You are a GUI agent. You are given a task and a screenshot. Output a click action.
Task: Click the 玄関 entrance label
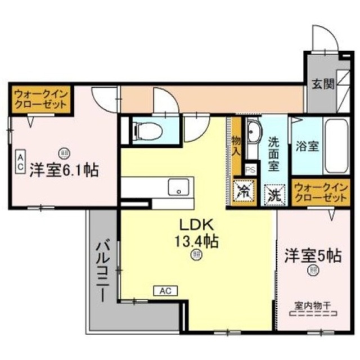point(323,85)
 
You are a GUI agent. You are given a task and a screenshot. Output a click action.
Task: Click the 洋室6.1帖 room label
point(64,169)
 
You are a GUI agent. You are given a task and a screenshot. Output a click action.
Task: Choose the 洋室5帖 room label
point(313,255)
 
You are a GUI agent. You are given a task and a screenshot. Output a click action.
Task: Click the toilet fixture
point(147,131)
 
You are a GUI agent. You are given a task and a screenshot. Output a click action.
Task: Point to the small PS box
point(251,168)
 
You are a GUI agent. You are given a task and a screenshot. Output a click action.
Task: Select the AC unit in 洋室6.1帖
point(19,161)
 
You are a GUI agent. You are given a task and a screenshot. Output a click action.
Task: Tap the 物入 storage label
point(237,145)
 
